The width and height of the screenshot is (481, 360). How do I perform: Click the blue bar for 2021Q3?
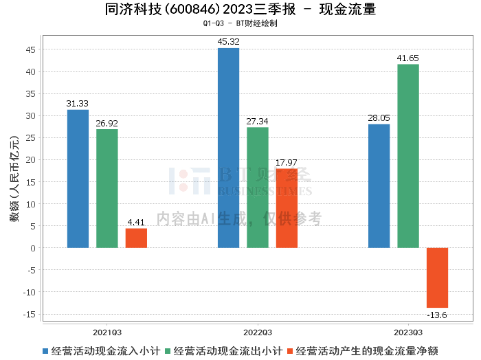(78, 179)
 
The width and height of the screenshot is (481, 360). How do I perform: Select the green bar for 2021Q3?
(107, 188)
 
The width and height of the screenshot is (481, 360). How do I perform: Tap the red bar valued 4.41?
(136, 238)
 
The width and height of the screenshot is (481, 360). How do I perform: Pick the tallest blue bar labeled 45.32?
(229, 148)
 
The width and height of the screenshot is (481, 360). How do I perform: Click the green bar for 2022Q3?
(258, 188)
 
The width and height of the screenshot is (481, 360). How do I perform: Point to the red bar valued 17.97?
(287, 208)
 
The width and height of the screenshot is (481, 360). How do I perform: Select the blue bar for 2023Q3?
(379, 185)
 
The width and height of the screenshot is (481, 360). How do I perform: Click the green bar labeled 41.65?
(408, 156)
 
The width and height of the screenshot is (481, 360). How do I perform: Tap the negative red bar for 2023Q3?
(437, 278)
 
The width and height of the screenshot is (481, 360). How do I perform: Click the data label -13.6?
(437, 315)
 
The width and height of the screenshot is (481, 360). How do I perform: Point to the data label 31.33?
(77, 103)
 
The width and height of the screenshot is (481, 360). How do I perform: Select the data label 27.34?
(257, 122)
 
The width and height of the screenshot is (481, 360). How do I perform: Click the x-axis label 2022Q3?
(258, 333)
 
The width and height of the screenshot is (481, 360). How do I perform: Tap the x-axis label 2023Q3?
(408, 333)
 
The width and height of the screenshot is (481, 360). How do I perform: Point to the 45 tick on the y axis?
(31, 49)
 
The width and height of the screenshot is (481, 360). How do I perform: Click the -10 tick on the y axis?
(29, 292)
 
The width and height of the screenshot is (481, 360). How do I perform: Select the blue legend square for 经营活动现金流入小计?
(45, 351)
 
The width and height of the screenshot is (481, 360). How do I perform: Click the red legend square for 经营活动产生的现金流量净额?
(290, 351)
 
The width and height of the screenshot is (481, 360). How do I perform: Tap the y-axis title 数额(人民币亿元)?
(14, 179)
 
